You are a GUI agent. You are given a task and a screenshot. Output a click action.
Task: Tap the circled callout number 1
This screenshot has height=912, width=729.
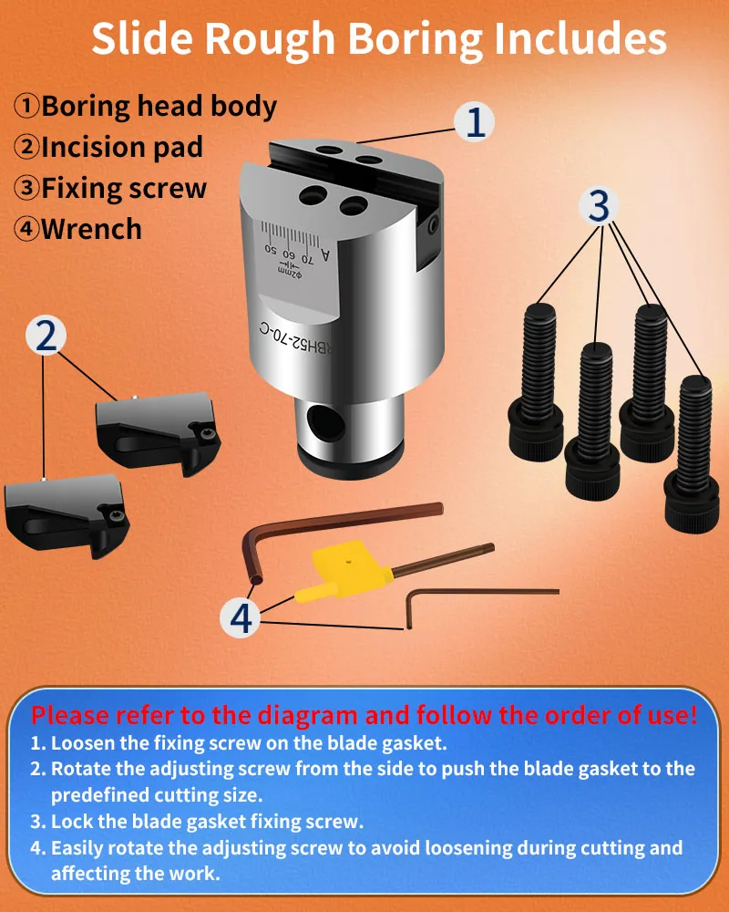[x=475, y=122]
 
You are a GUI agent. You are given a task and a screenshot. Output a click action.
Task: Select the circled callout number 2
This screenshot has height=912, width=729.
[x=46, y=336]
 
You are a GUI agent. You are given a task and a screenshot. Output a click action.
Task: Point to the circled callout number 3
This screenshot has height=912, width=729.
[x=600, y=205]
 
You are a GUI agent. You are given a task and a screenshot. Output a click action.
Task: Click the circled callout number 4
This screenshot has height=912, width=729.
[x=241, y=617]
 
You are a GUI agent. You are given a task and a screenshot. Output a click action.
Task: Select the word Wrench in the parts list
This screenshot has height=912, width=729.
[x=91, y=229]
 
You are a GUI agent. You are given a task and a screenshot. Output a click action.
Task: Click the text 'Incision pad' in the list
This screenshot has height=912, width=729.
[x=122, y=147]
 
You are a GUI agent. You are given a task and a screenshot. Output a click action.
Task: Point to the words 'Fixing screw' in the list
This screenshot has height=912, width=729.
[x=124, y=189]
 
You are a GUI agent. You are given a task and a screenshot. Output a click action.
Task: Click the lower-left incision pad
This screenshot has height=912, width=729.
[x=67, y=514]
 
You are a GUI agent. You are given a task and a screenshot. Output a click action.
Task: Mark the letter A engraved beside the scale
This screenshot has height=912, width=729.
[x=325, y=255]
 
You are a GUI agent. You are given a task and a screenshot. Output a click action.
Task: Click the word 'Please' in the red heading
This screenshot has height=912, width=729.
[x=71, y=715]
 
